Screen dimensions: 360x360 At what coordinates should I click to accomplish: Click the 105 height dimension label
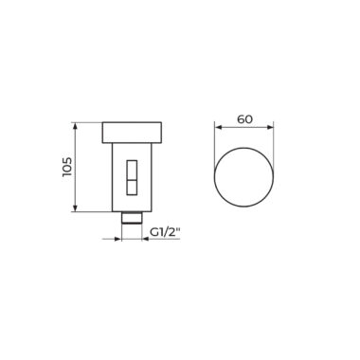pos(67,167)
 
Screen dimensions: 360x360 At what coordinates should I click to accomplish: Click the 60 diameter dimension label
pos(245,119)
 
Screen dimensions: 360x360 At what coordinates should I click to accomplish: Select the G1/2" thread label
pos(165,232)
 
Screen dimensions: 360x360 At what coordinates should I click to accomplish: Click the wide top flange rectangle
pos(132,133)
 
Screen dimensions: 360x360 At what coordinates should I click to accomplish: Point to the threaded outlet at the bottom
pos(132,218)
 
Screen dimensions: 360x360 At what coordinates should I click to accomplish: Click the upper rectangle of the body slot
pos(132,170)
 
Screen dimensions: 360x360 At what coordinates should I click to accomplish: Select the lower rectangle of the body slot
pos(132,188)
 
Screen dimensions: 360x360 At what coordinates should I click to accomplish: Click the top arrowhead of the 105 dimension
pos(75,125)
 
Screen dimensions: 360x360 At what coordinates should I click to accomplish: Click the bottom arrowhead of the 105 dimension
pos(75,208)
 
